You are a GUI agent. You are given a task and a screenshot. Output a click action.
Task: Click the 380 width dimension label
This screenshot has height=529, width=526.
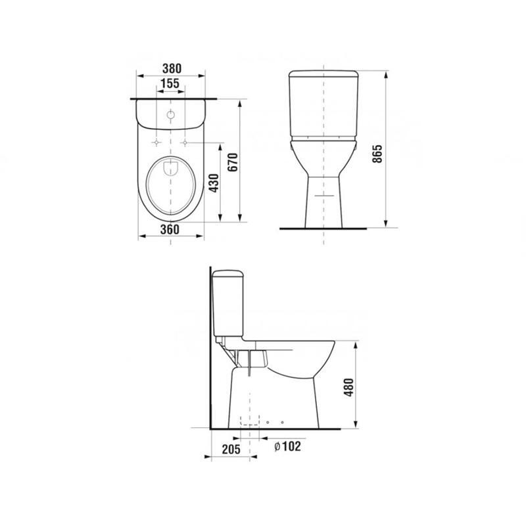(x=172, y=68)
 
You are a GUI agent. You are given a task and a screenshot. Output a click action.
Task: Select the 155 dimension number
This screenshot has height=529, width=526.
(x=170, y=83)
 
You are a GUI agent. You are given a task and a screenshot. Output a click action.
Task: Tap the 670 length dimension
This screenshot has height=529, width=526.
(x=233, y=162)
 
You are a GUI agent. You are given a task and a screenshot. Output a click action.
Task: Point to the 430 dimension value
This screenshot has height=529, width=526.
(x=213, y=183)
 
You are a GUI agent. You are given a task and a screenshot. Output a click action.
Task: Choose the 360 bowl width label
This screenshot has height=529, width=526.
(x=170, y=230)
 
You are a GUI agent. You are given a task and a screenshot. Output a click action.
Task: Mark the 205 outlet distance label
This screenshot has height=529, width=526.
(x=231, y=449)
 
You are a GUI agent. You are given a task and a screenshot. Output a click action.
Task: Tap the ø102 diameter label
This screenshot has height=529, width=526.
(x=287, y=446)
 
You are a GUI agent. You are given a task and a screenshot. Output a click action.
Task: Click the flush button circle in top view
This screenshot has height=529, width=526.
(x=171, y=115)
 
